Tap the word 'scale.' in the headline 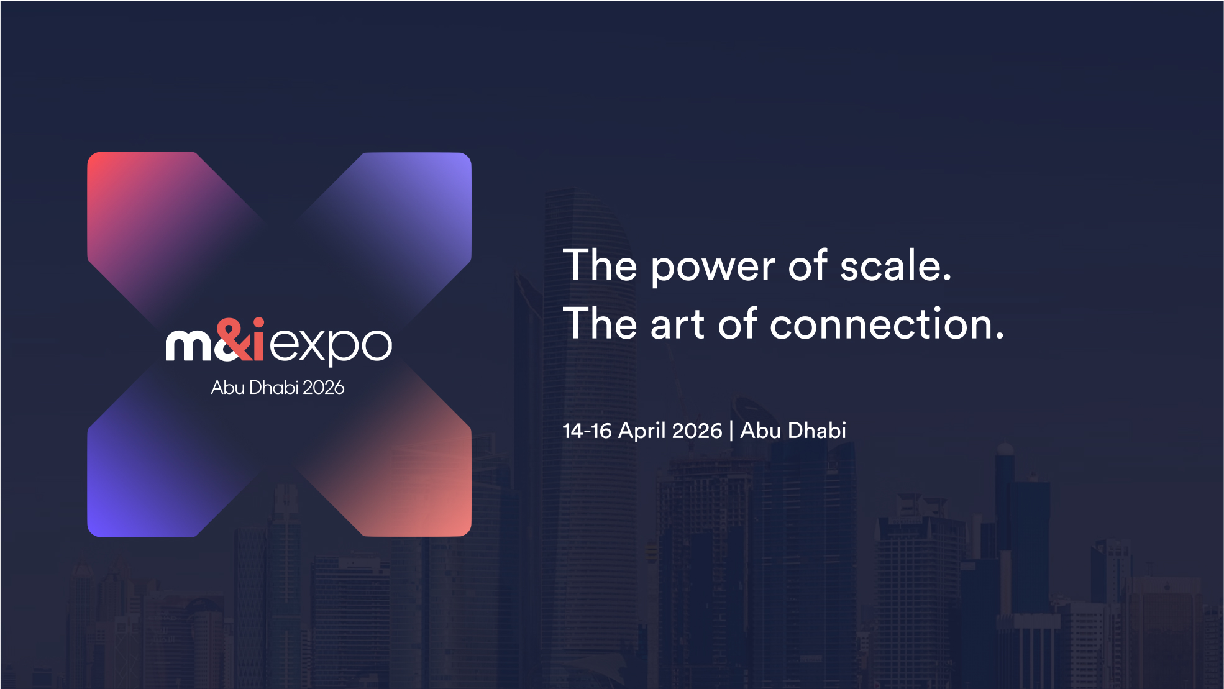click(x=895, y=265)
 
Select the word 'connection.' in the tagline click(x=887, y=324)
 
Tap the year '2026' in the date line click(x=697, y=431)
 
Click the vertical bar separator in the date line click(x=731, y=431)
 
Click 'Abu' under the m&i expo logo click(x=227, y=388)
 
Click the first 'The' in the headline click(x=600, y=265)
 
